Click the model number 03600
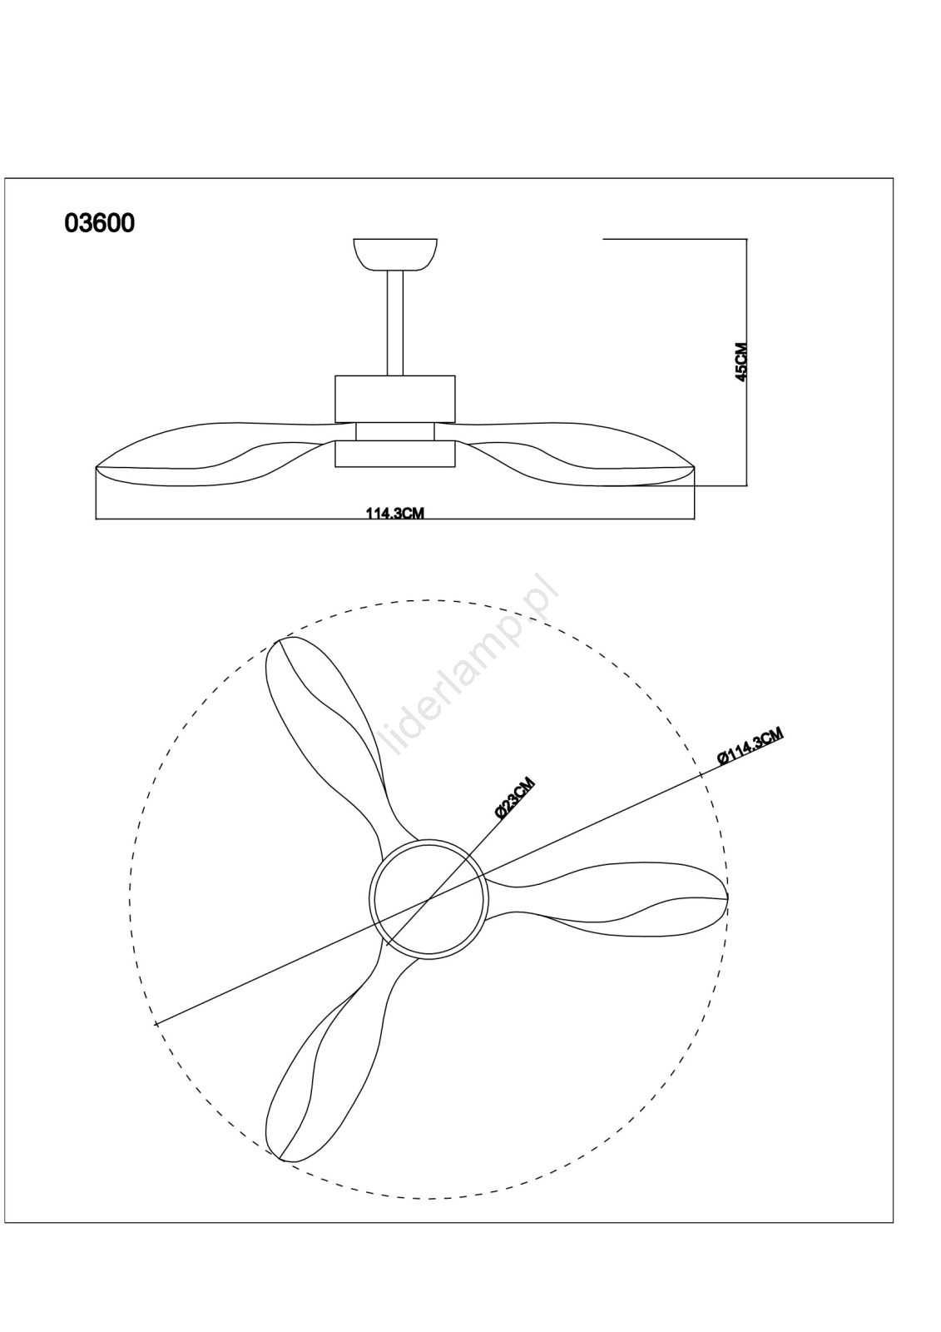[x=99, y=223]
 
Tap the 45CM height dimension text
[x=741, y=361]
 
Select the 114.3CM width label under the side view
[x=394, y=513]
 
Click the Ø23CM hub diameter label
[x=514, y=798]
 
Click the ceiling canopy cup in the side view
[x=395, y=255]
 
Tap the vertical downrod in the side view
[x=395, y=323]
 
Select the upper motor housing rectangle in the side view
[x=395, y=399]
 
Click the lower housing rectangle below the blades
[x=395, y=453]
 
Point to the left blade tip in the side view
[x=97, y=468]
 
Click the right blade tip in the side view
[x=693, y=469]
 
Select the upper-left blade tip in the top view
[x=280, y=641]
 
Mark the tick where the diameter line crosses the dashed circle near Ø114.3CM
[x=701, y=774]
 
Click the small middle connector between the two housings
[x=395, y=432]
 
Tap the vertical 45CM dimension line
[x=746, y=362]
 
